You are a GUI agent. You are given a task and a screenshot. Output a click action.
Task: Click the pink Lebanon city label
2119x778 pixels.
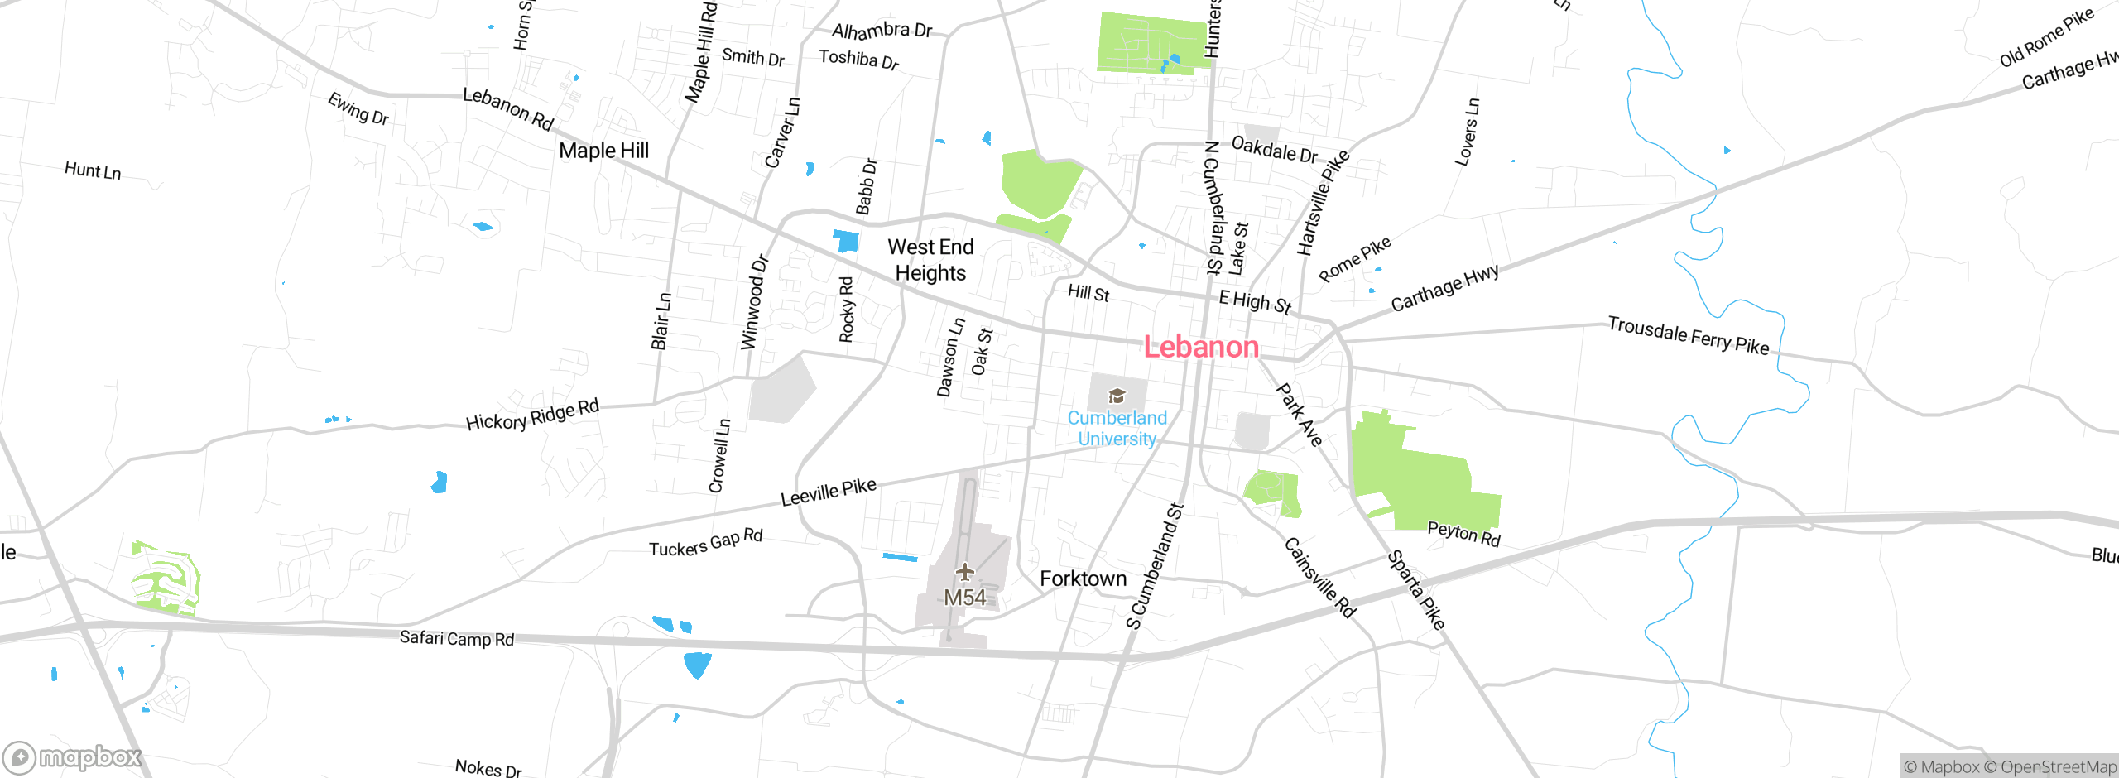point(1201,347)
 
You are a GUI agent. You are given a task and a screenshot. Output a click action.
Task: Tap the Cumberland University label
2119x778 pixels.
point(1117,429)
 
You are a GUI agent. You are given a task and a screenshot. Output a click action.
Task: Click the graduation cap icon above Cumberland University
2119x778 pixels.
point(1117,396)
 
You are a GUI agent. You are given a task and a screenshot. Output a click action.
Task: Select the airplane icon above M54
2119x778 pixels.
point(964,572)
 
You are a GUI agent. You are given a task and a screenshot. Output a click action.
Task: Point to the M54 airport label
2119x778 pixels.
point(964,598)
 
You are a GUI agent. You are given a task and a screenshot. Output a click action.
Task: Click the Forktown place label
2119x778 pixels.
point(1083,579)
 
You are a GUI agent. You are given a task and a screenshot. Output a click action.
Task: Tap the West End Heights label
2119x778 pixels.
point(930,260)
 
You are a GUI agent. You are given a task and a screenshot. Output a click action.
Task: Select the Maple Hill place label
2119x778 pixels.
point(603,151)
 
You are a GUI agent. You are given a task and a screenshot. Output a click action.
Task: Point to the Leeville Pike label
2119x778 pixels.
point(829,492)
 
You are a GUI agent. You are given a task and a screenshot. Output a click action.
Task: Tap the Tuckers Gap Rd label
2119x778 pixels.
point(705,543)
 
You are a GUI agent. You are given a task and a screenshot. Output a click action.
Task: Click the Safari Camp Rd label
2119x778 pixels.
point(457,638)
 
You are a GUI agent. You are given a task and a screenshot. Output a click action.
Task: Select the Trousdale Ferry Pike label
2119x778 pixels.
point(1688,335)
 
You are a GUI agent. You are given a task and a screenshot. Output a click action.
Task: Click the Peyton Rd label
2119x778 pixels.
point(1463,534)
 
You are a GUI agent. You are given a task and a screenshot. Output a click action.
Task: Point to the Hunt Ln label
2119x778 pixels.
point(93,170)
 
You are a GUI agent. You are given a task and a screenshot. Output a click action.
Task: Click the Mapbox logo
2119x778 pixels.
point(73,757)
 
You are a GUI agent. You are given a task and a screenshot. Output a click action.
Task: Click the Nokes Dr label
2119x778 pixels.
point(488,768)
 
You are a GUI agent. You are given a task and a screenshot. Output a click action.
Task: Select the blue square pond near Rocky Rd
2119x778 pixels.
point(846,241)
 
